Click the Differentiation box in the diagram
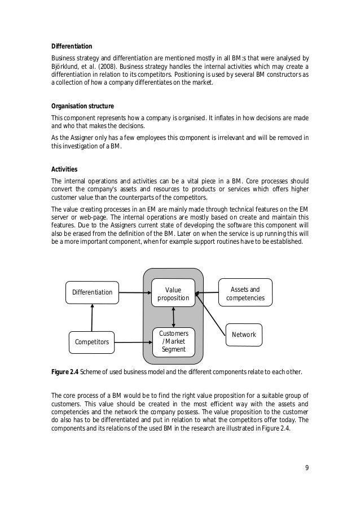click(x=92, y=292)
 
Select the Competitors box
click(x=92, y=341)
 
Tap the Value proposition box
click(x=173, y=292)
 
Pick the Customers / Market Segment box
click(x=173, y=341)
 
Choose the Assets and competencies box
click(x=245, y=292)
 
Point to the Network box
click(x=244, y=335)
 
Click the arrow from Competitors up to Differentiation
click(x=91, y=317)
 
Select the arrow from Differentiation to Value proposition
click(x=134, y=292)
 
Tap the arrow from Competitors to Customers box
click(x=134, y=341)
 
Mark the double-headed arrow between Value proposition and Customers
click(x=173, y=317)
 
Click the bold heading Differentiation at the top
click(x=72, y=46)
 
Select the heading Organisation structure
click(x=82, y=106)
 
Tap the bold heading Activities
click(x=64, y=169)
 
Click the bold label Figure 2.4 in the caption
click(x=64, y=371)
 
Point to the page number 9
click(x=307, y=467)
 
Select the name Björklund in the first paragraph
click(x=64, y=66)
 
